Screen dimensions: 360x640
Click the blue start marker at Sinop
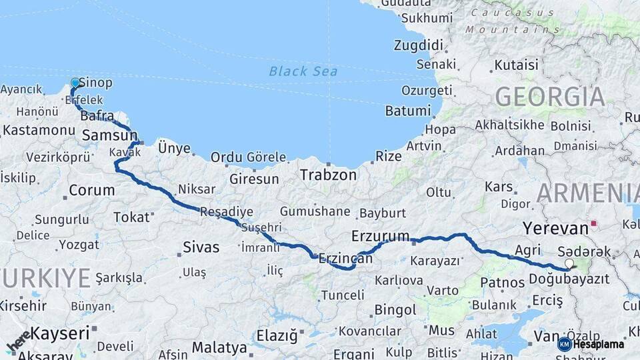(75, 83)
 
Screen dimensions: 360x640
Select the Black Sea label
(303, 71)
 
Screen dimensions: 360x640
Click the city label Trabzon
(328, 175)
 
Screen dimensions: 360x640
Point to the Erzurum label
(380, 235)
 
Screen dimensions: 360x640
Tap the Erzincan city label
(345, 258)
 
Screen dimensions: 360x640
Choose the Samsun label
(109, 136)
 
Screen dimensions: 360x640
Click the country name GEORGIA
(550, 97)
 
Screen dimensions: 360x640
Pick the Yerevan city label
(555, 228)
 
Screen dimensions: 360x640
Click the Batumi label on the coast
(407, 111)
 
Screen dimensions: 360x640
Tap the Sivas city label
(201, 247)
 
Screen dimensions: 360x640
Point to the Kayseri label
(60, 332)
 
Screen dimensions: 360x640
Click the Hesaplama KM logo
(591, 344)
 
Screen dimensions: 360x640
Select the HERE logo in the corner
(19, 341)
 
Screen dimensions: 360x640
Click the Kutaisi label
(515, 65)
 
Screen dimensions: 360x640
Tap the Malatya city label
(219, 347)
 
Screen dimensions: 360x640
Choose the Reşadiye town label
(227, 212)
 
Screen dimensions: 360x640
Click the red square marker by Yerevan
(593, 224)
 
